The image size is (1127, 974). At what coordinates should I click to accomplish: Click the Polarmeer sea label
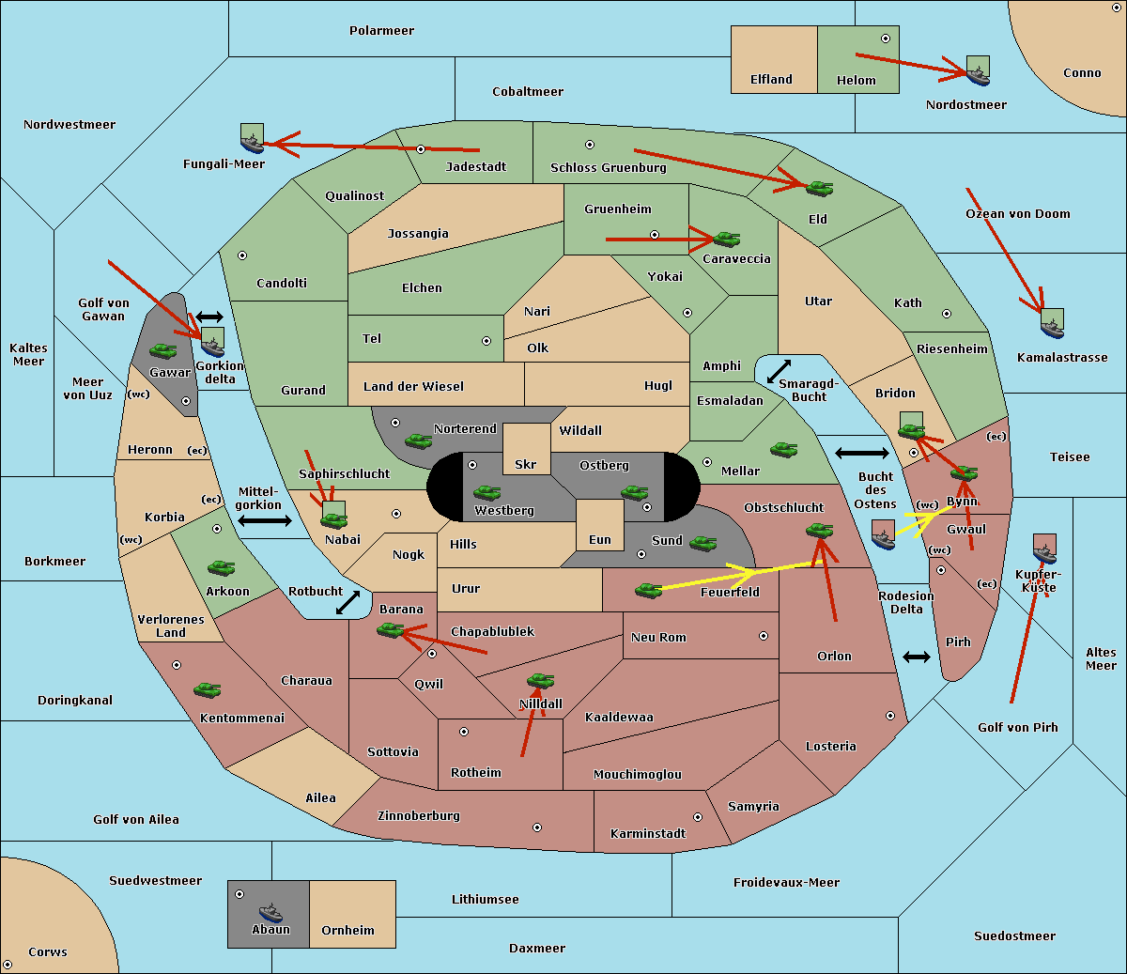point(381,31)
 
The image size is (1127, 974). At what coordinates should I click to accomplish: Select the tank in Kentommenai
point(208,689)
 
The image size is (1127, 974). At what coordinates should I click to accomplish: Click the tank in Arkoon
point(222,567)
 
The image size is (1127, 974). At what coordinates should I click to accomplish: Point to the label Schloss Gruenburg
point(608,167)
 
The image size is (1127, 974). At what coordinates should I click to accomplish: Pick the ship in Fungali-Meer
point(252,138)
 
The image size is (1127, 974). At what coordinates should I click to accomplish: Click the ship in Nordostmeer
point(979,70)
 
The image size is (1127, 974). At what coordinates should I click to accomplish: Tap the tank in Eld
point(820,189)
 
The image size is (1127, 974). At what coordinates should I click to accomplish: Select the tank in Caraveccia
point(727,239)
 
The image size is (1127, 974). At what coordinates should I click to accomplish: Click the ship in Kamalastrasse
point(1052,323)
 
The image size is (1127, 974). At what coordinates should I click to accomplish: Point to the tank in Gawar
point(163,351)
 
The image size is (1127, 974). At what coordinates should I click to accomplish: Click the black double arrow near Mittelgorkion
point(265,520)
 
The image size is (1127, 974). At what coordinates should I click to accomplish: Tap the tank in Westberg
point(486,492)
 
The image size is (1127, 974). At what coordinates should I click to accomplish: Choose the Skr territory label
point(525,464)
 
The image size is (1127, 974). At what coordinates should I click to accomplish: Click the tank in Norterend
point(418,441)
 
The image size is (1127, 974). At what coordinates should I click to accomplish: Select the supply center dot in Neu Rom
point(764,636)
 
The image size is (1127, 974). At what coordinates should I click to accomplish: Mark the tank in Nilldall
point(540,680)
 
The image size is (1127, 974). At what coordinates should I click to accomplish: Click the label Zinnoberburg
point(419,816)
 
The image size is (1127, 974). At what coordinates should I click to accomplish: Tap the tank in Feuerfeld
point(648,590)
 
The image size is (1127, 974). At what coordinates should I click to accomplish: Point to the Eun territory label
point(600,539)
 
